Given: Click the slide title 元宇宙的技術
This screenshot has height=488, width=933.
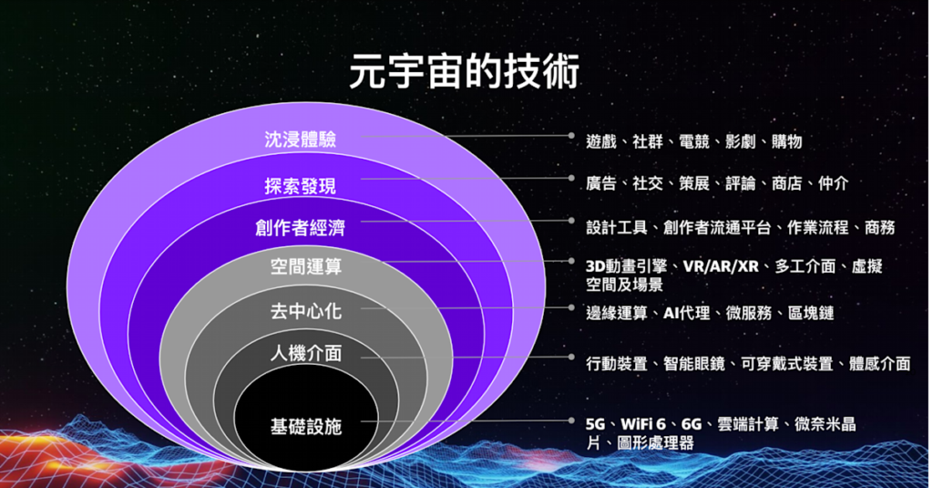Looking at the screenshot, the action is pos(464,72).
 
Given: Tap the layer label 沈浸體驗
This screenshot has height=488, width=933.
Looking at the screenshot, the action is pos(301,140).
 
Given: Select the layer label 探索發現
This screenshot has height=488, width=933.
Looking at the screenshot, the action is pos(301,186).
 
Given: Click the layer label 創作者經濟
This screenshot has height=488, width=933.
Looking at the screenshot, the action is pos(301,228).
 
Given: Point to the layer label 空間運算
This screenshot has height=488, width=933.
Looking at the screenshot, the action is pos(306,266).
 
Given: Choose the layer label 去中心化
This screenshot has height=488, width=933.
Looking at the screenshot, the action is pos(306,310).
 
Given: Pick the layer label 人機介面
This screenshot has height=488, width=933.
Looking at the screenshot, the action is pos(306,353).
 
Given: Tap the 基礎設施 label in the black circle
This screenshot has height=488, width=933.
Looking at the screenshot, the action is pos(306,427).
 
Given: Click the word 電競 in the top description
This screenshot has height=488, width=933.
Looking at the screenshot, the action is pos(693,141).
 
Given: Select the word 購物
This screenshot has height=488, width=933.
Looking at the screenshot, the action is pos(786,141).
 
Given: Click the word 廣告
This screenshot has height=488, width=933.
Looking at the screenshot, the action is pos(601,183).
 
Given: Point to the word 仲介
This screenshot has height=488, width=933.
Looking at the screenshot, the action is pos(833,183).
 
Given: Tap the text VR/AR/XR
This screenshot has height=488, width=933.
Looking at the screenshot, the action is pos(721,265).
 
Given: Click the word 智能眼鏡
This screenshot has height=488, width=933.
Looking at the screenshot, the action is pos(693,363).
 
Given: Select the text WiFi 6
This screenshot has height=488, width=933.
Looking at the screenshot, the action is pos(643,424).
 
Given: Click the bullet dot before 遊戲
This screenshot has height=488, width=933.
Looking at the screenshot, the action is pos(571,136).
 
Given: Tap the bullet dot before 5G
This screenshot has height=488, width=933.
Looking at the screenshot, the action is pos(571,421).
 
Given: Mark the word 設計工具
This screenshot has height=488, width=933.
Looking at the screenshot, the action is pos(617,228).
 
